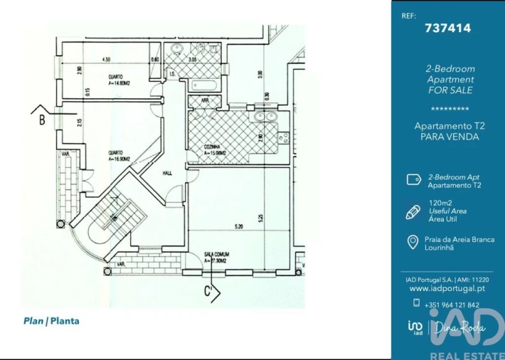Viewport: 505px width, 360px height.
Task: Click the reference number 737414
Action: coord(447,28)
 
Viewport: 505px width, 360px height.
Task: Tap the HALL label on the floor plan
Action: coord(167,172)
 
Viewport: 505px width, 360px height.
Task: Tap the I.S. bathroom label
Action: coord(173,73)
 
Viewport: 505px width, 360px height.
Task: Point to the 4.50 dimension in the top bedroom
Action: coord(106,59)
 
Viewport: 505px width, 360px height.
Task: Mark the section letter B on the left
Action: coord(42,120)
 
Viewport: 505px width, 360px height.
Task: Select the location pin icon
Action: coord(412,243)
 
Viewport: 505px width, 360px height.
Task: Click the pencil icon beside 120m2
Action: coord(413,211)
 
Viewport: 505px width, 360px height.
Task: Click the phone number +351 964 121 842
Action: coord(451,305)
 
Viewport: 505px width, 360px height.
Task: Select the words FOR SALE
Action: coord(450,90)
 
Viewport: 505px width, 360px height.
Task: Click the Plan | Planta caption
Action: coord(51,321)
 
